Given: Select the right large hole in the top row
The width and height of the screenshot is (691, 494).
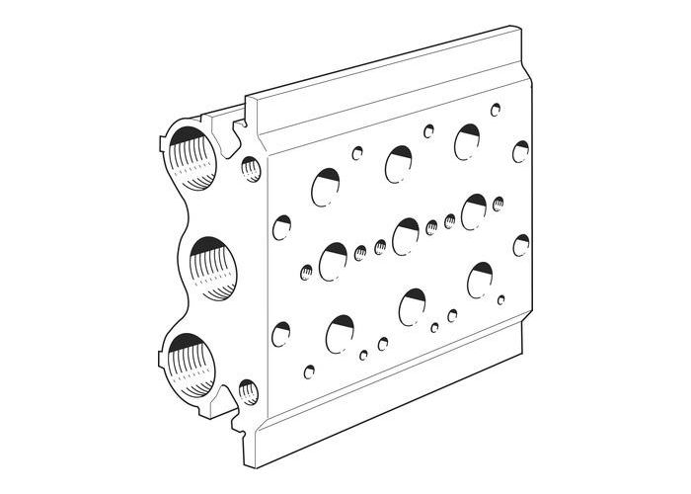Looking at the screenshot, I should [x=468, y=141].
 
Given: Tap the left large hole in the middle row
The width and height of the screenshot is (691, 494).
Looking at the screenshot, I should [x=334, y=261].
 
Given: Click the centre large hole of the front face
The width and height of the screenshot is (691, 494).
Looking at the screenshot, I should [x=406, y=236].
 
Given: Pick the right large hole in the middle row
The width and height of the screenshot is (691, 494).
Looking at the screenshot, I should [x=475, y=211].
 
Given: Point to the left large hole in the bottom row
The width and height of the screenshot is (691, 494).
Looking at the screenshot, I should [x=341, y=333].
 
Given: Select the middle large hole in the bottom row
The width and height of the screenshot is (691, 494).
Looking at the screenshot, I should [x=413, y=306].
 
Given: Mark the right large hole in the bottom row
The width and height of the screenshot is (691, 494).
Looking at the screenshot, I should [x=482, y=280].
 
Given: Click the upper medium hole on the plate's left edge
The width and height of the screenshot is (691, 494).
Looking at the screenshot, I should [x=281, y=228].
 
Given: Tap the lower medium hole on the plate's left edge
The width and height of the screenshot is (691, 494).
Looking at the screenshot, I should [x=281, y=334].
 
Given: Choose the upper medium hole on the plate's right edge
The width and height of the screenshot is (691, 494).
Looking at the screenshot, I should [x=520, y=151].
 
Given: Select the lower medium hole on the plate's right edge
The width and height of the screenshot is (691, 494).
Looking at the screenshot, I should [x=520, y=245].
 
